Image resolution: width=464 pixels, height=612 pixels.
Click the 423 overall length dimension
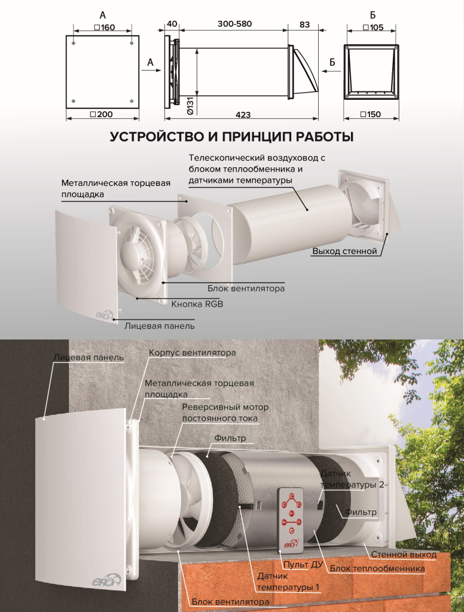(x=243, y=115)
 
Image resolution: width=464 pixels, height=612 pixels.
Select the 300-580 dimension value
(x=235, y=24)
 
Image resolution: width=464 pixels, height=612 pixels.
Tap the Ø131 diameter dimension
(x=191, y=105)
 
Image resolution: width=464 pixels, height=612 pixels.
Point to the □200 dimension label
(x=101, y=114)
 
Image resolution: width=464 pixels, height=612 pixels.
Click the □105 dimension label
(x=373, y=27)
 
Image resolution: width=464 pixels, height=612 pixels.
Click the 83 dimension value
(x=304, y=25)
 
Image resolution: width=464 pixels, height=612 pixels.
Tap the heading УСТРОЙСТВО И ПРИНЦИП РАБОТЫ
(x=231, y=137)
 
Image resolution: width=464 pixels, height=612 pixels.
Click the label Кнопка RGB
(x=197, y=304)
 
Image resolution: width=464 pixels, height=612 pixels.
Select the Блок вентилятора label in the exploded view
(x=246, y=289)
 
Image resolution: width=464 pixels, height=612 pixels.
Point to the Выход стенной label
(x=344, y=251)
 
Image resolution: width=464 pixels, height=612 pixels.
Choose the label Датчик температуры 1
(x=288, y=582)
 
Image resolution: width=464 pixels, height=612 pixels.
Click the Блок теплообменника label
(x=377, y=568)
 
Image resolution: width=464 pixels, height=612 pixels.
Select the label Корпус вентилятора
(x=192, y=353)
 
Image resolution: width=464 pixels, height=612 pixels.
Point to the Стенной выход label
(x=404, y=555)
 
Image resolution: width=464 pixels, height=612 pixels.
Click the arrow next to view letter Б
(x=331, y=71)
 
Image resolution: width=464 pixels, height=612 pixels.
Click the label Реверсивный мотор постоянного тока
(x=225, y=412)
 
